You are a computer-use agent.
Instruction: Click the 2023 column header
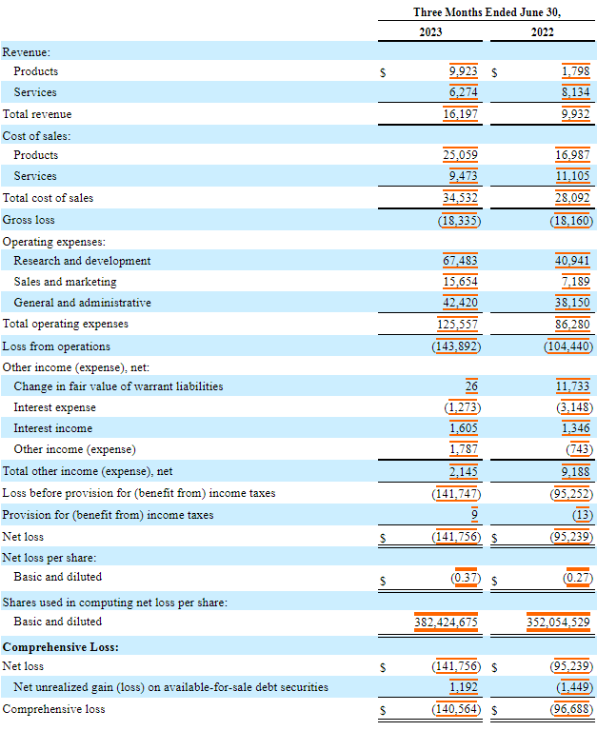[430, 31]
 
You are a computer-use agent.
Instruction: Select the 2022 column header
[543, 31]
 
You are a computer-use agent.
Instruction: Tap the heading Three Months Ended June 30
[487, 12]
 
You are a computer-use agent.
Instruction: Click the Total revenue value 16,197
[461, 114]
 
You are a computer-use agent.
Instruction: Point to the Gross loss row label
[29, 220]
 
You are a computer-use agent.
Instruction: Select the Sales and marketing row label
[65, 282]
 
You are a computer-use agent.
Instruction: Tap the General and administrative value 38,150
[573, 303]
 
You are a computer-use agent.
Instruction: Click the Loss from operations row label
[56, 346]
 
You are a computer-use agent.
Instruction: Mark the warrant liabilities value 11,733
[573, 386]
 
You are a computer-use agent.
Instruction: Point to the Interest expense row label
[54, 407]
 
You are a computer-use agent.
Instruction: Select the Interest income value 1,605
[463, 428]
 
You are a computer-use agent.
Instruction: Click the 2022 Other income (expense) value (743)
[577, 449]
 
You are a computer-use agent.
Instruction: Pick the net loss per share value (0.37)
[465, 577]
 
